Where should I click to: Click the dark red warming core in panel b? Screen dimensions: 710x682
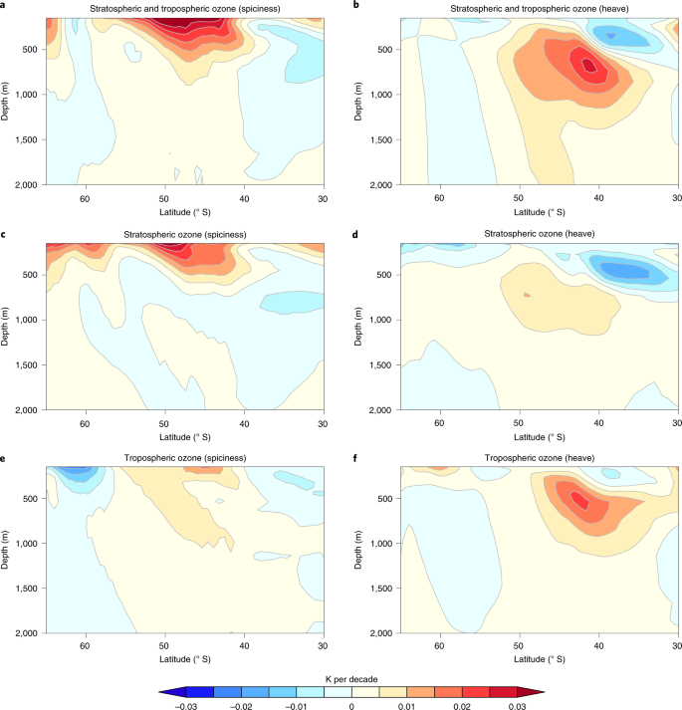(x=588, y=66)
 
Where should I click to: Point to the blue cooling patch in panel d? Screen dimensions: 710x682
(x=617, y=269)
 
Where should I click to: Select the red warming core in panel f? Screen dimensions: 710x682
(x=580, y=501)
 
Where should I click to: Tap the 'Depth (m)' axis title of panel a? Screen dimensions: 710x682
(x=7, y=102)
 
